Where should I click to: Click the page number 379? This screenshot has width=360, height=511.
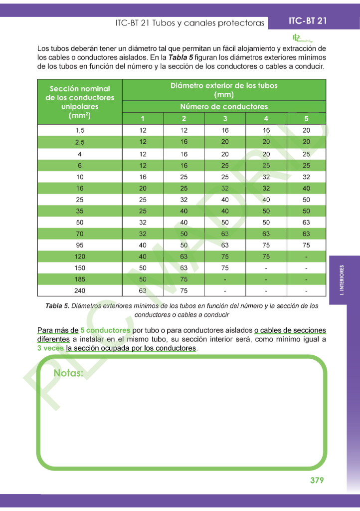(317, 481)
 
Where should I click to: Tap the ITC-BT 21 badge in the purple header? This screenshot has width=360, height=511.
(308, 21)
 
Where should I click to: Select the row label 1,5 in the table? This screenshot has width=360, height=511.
(80, 130)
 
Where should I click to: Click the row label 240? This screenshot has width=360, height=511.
(80, 290)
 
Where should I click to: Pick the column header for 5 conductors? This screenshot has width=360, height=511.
(306, 119)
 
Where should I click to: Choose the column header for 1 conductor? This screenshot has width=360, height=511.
(143, 119)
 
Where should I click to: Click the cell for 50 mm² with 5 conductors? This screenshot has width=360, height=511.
(306, 222)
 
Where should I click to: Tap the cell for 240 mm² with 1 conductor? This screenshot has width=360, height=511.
(143, 290)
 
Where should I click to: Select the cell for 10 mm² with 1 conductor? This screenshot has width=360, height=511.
(143, 176)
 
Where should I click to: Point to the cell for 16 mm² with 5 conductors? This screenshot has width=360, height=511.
(306, 188)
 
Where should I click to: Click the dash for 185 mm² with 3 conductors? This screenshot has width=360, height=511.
(225, 279)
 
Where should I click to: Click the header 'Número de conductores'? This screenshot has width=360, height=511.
(224, 107)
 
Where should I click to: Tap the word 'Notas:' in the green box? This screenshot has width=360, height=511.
(68, 373)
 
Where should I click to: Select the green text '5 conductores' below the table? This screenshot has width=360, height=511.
(105, 330)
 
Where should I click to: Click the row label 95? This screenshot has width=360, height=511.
(80, 245)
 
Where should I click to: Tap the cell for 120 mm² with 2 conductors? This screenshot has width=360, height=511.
(183, 256)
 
